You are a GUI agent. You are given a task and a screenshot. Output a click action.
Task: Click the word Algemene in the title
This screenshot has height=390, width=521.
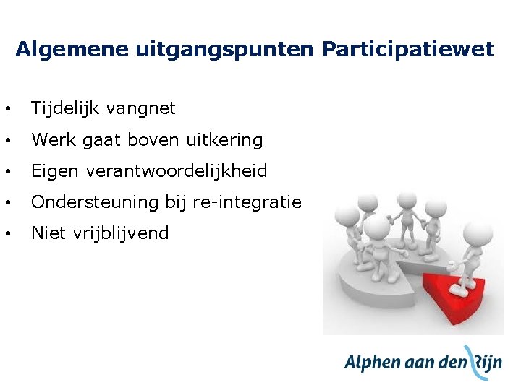pos(72,49)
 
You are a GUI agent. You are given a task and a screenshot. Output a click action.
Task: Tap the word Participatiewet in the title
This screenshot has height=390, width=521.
pos(407,49)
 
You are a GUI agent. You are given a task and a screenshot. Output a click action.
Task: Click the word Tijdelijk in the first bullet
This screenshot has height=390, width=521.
pos(65,108)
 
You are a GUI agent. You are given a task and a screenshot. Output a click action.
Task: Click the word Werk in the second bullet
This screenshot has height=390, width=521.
pos(53,139)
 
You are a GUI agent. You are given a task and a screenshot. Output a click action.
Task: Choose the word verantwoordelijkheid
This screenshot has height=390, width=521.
pos(177,171)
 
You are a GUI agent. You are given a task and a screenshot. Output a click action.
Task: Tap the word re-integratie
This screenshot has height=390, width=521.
pos(247,202)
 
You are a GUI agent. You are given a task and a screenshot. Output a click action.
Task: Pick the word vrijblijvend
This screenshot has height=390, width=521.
pos(123,233)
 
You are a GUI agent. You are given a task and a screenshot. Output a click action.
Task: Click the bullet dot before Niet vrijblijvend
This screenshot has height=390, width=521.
pos(7,233)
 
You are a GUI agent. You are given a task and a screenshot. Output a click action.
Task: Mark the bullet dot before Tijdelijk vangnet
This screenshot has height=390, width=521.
pos(7,109)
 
